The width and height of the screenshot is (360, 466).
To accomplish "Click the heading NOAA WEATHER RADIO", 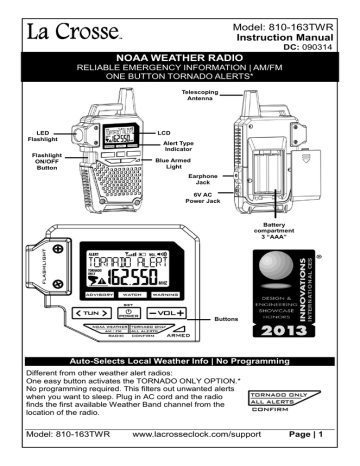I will tap(180, 45).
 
